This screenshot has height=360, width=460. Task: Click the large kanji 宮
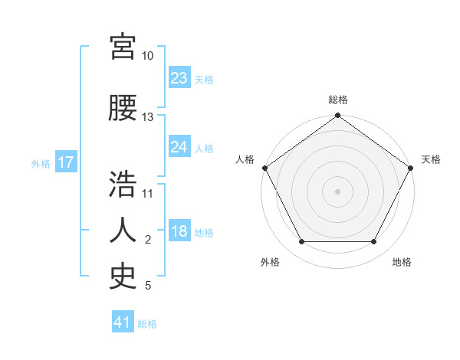123,47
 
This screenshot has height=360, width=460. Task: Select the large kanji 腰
123,108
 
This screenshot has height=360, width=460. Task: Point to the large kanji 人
123,229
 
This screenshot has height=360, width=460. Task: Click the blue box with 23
179,77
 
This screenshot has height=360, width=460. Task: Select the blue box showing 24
179,147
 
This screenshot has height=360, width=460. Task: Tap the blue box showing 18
179,232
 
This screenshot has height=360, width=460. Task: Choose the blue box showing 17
65,163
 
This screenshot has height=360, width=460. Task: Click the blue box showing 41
123,322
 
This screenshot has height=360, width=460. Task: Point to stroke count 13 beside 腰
147,117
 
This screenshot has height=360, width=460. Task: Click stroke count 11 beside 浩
147,193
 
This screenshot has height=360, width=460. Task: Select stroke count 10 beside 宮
147,56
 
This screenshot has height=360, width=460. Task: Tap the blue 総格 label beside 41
147,324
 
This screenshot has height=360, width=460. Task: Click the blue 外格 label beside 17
41,164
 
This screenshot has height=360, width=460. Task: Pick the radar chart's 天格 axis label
431,159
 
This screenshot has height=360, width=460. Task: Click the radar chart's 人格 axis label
245,159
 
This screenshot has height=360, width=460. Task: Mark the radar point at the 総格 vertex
337,116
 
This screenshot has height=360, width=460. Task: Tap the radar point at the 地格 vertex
374,242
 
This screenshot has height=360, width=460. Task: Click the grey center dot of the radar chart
337,191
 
